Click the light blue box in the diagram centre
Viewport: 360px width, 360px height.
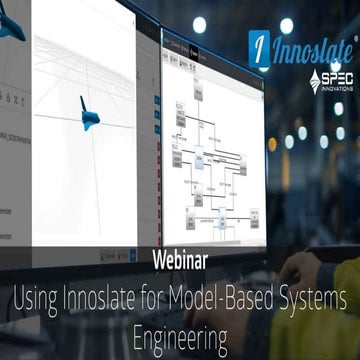[200, 157]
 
